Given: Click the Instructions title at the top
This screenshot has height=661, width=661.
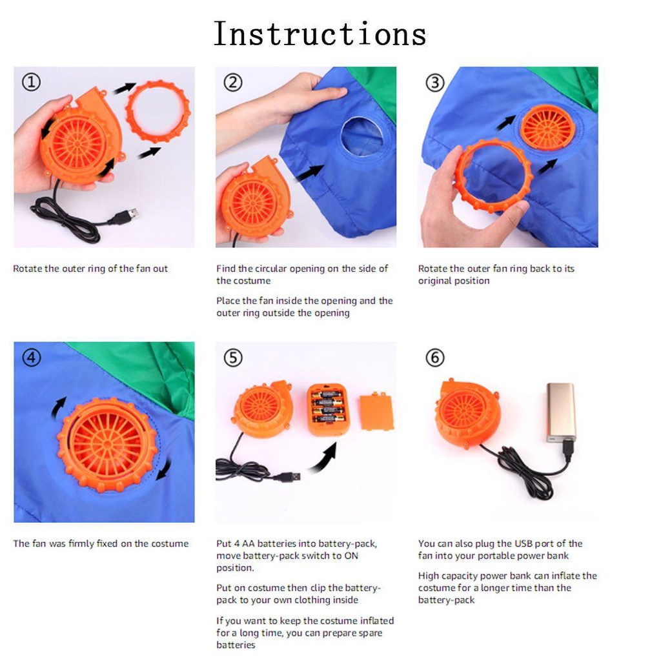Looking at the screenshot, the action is [320, 34].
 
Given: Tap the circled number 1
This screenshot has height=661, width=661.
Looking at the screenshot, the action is [31, 82].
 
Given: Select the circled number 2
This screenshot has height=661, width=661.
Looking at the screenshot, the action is [233, 83].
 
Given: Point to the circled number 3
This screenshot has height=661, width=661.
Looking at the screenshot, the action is [435, 83].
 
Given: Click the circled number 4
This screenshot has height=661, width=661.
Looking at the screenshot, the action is [31, 358].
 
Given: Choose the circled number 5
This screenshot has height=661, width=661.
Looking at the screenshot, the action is [233, 358].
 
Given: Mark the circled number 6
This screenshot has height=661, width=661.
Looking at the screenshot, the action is [435, 358].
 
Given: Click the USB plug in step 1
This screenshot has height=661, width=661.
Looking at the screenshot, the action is [126, 216].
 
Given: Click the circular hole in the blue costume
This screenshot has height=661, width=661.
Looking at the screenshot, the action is [362, 136].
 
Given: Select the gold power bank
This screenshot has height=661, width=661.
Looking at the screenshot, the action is [561, 412].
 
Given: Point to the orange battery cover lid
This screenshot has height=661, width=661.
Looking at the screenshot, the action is [376, 412].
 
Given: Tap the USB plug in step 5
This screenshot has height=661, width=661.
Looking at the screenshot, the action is [287, 477].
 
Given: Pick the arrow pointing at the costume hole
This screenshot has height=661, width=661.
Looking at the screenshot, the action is [310, 173].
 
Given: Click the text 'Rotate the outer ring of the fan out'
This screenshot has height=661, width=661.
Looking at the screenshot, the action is [90, 269].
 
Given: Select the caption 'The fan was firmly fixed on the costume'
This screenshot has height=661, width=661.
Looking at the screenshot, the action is [101, 544].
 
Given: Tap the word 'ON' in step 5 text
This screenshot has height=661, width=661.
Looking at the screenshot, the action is [351, 556].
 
